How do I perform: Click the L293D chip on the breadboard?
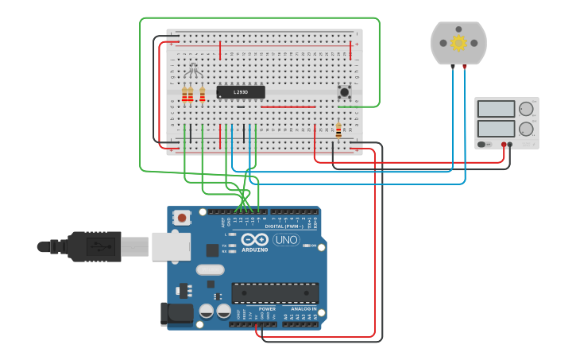coord(241,92)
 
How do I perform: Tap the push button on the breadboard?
coord(346,92)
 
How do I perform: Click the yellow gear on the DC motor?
coord(458,43)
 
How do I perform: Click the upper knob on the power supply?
coord(526,109)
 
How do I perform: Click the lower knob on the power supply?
coord(526,129)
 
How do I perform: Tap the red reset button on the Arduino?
coord(183,217)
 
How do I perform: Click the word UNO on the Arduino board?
coord(286,240)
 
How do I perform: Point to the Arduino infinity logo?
coord(255,239)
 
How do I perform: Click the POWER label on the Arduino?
coord(267,308)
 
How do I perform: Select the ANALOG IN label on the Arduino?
coord(303,308)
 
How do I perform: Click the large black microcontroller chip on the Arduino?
coord(275,293)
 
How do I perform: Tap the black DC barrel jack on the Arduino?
coord(176,313)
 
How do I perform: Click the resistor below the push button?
coord(339,130)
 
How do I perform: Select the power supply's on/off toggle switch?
coord(486,144)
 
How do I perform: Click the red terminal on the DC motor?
coord(466,66)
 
